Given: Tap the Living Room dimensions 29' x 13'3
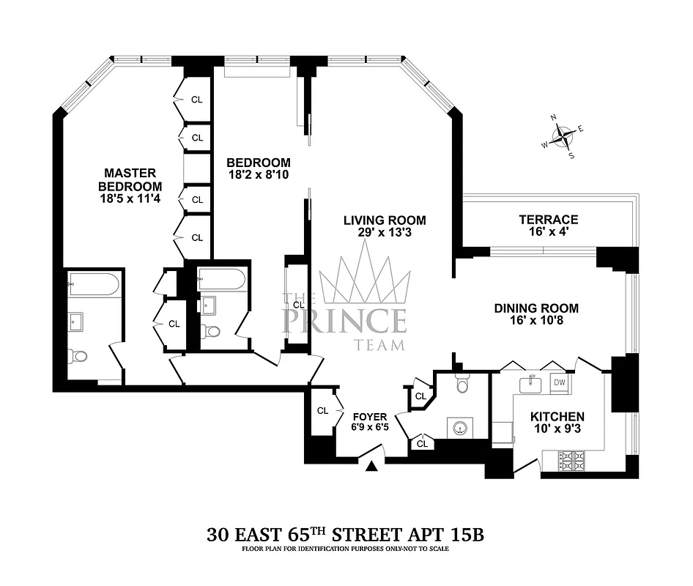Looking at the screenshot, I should click(386, 233).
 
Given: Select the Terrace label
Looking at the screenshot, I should click(548, 219).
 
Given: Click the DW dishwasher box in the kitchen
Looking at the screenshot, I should click(559, 382).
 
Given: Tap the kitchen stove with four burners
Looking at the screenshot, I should click(572, 461).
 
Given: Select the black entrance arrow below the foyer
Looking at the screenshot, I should click(373, 466).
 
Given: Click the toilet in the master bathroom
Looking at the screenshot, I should click(78, 356).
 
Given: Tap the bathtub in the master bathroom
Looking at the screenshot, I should click(93, 285).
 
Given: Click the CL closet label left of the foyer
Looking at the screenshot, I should click(322, 411).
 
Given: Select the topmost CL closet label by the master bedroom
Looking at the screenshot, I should click(196, 100).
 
